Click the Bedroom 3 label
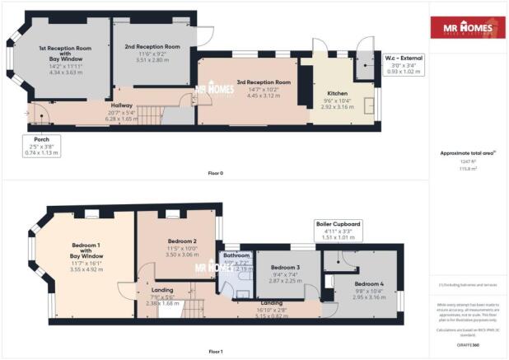(284, 269)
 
